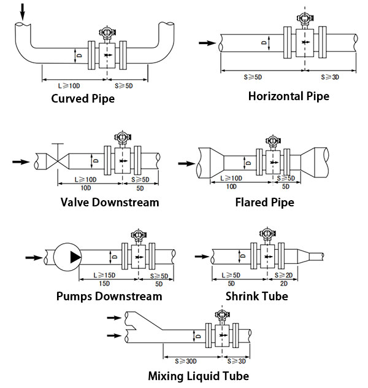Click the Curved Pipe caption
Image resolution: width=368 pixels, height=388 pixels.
(83, 99)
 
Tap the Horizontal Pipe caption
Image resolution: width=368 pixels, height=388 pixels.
(288, 96)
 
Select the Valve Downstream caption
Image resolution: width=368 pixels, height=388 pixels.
(110, 203)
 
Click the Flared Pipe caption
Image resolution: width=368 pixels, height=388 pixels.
(264, 203)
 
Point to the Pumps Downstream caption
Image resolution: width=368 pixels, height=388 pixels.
(109, 297)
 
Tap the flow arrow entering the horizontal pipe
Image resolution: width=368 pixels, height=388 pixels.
(207, 43)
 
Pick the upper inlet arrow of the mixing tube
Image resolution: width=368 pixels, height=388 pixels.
(112, 317)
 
